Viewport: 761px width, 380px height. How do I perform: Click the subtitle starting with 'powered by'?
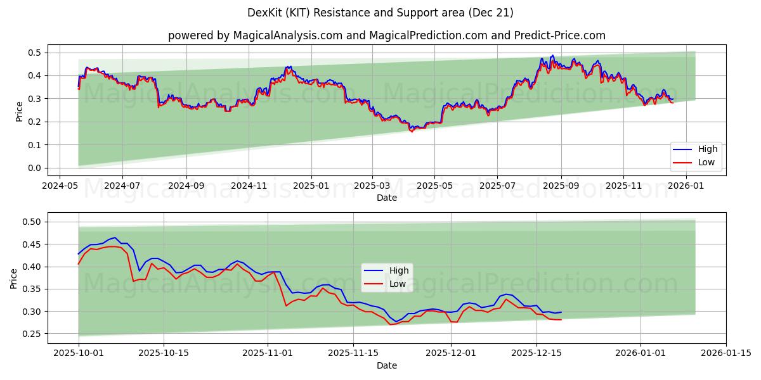pos(386,35)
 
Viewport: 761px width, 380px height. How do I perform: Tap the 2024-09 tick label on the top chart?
pos(186,186)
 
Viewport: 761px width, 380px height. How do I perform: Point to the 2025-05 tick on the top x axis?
pos(434,186)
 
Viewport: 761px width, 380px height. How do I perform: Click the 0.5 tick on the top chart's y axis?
pos(36,53)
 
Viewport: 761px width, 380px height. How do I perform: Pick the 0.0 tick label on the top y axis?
pos(36,168)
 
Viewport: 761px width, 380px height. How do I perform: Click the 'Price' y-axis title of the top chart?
pos(19,111)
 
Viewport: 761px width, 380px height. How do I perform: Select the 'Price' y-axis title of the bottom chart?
pos(14,278)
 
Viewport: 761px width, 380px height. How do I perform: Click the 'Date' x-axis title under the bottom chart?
pos(386,366)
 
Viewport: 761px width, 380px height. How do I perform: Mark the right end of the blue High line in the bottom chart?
pos(561,312)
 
